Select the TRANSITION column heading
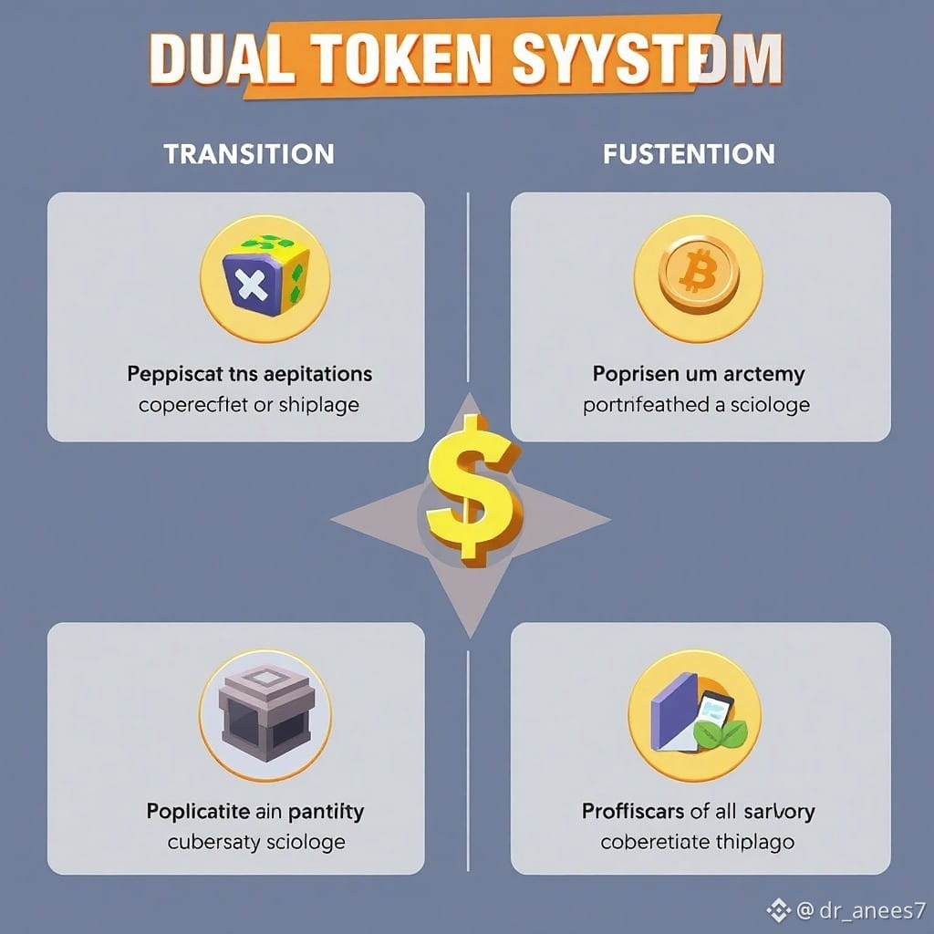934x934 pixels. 249,153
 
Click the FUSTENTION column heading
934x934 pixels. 689,153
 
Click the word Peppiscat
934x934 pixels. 176,374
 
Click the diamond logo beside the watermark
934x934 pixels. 777,908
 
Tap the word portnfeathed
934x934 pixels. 643,404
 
